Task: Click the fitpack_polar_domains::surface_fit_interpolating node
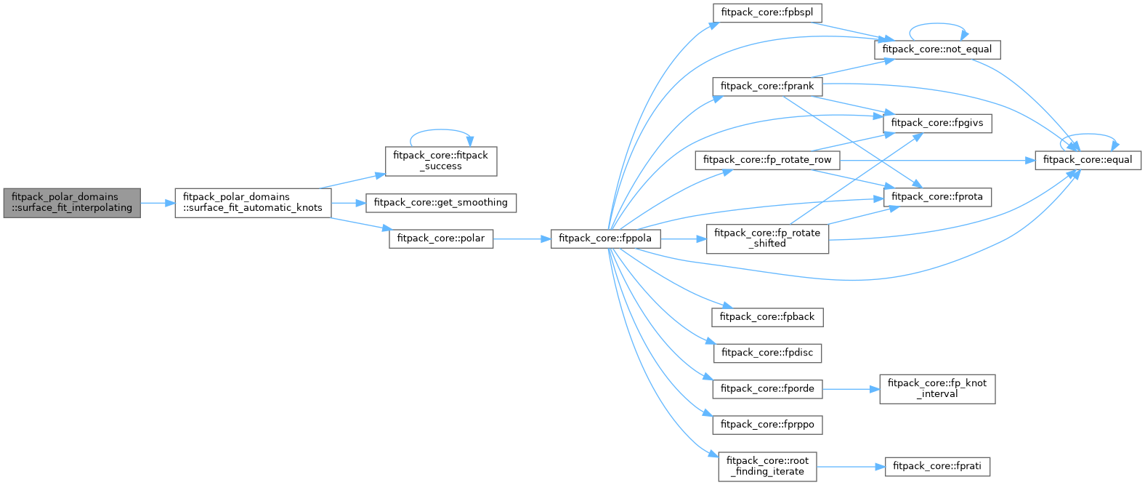71,202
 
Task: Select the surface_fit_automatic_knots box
252,202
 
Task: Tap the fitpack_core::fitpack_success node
440,161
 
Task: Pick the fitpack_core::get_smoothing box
440,203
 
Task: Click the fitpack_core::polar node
441,239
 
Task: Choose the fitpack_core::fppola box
604,239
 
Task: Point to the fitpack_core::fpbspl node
766,12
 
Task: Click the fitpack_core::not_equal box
936,49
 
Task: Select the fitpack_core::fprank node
766,87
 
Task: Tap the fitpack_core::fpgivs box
936,123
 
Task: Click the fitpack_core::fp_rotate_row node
766,160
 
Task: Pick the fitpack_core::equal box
1087,160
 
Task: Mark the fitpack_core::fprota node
936,197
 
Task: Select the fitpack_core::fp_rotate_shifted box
766,239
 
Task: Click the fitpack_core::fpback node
766,317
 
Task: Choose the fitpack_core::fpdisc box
766,353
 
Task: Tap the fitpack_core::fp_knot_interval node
936,389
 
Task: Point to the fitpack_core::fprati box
936,466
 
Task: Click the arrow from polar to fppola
522,239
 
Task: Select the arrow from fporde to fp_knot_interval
850,389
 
